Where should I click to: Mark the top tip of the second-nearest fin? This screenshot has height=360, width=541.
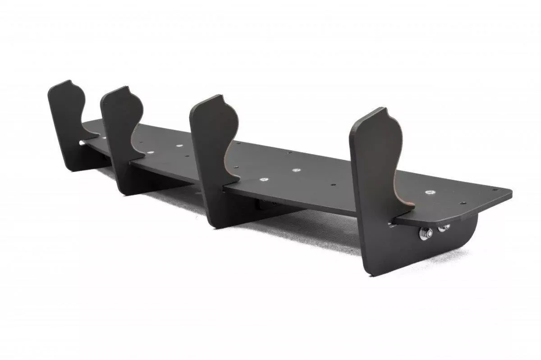220,96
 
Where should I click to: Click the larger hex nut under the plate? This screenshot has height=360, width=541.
426,233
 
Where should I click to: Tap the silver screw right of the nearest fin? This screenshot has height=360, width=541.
431,192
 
